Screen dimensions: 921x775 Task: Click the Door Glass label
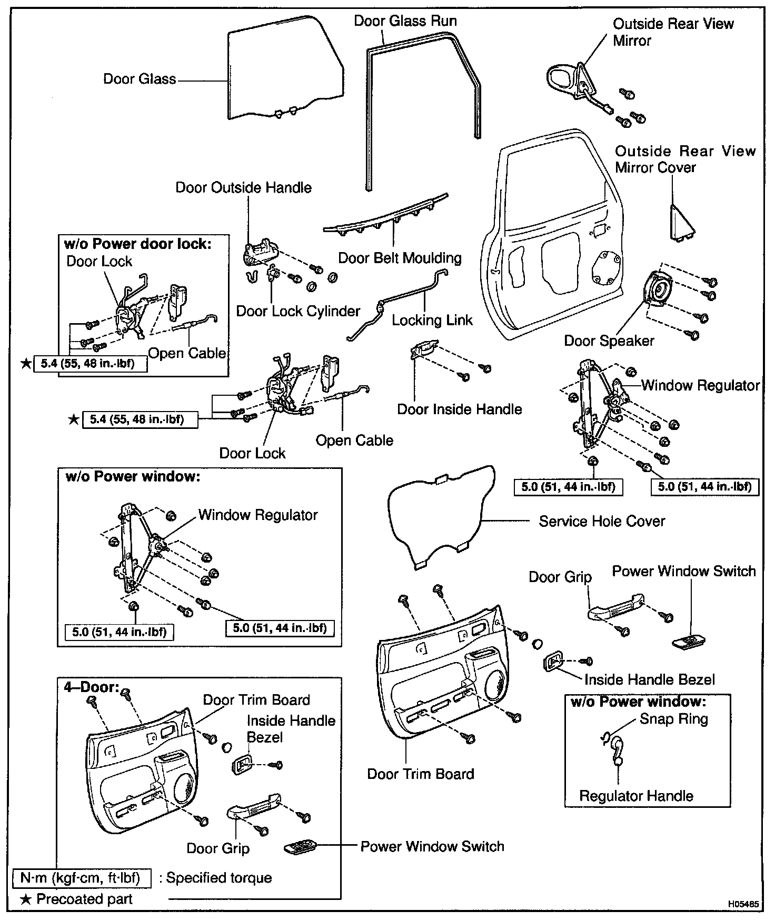click(x=140, y=79)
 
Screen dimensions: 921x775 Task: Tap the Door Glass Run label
click(x=405, y=21)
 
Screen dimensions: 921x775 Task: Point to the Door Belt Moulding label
click(x=400, y=258)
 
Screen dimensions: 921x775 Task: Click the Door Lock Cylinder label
click(x=298, y=311)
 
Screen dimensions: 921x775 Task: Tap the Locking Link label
click(x=432, y=320)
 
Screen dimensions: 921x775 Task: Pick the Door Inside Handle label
click(x=459, y=409)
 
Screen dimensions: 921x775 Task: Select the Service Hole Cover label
click(x=602, y=521)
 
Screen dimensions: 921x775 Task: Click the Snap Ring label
click(x=673, y=719)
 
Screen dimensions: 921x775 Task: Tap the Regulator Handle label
click(x=636, y=796)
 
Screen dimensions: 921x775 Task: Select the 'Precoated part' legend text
click(x=84, y=899)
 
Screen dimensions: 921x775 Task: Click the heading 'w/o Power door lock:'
click(x=137, y=244)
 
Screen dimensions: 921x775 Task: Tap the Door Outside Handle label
click(x=243, y=188)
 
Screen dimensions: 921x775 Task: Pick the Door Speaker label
click(x=609, y=341)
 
